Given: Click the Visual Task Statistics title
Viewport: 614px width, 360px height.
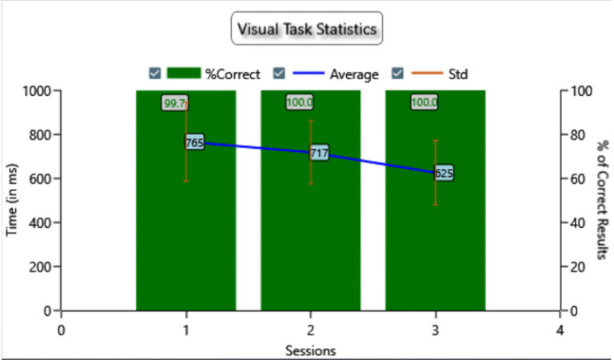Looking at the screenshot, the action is click(307, 29).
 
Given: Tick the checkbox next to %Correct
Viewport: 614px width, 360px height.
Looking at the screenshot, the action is click(154, 74).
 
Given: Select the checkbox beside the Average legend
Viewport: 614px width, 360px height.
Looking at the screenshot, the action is click(279, 74).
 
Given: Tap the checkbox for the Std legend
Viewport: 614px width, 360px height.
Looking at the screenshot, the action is click(397, 74).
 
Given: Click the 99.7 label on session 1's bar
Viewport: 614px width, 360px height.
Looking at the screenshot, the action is click(174, 103).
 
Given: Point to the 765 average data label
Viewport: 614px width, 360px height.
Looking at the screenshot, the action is click(194, 142).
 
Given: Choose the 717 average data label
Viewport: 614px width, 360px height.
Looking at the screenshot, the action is click(320, 153).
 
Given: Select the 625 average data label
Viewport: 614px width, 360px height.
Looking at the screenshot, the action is click(444, 173).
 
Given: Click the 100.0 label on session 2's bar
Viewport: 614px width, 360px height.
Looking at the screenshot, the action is click(300, 102).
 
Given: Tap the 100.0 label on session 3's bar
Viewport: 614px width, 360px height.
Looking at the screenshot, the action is click(424, 102).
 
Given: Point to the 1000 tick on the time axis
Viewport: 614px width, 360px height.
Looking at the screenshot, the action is click(37, 91).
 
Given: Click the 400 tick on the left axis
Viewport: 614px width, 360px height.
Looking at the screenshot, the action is click(40, 223).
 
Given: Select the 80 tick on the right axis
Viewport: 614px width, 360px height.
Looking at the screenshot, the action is click(578, 135).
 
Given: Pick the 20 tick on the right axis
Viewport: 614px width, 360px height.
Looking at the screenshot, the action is click(578, 267).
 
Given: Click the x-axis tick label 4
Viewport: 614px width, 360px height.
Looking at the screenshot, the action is click(560, 330).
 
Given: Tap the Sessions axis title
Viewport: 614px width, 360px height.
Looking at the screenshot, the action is click(310, 350).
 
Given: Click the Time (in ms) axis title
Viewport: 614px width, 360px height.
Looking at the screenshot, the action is click(12, 200).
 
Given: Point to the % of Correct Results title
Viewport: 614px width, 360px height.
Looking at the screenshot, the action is click(603, 200).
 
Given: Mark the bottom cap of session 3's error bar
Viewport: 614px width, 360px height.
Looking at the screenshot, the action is click(436, 205).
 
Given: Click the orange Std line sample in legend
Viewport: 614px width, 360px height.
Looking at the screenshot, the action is click(426, 73).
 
